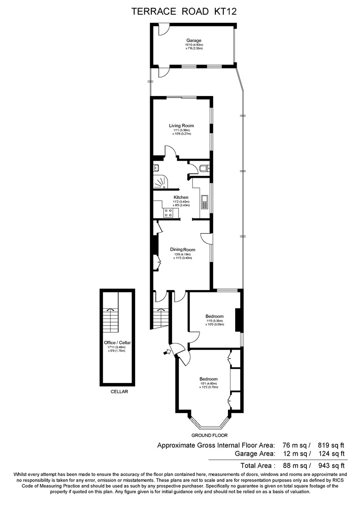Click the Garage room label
pos(193,41)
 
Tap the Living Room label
pos(181,126)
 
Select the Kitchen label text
pos(181,197)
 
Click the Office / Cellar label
pos(117,343)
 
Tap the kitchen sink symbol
pos(204,202)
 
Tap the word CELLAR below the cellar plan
pos(120,392)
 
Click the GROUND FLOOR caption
pos(209,435)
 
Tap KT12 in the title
pos(228,10)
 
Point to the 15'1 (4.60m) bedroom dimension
pos(209,384)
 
